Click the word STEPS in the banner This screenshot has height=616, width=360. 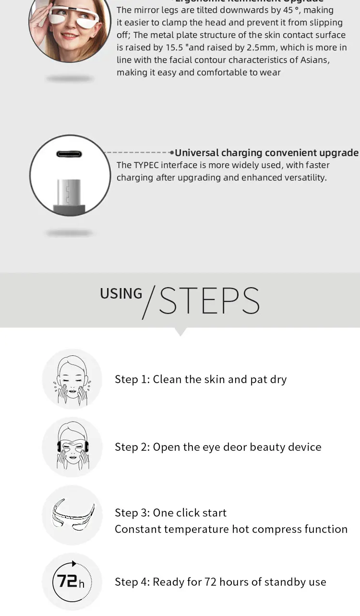point(209,301)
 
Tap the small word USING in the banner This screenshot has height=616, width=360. point(121,294)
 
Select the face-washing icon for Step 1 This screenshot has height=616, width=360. point(72,379)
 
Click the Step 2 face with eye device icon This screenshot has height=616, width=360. point(72,447)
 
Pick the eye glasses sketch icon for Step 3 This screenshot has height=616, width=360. point(72,515)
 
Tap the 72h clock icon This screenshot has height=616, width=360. point(72,582)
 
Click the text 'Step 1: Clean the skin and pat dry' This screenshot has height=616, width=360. point(201,379)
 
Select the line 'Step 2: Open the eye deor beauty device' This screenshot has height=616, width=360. point(218,447)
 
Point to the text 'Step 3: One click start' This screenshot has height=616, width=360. point(170,513)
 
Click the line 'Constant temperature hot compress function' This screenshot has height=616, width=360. point(231,529)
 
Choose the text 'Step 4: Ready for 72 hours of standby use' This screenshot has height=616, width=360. point(220,582)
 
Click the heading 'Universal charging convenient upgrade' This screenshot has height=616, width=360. point(266,153)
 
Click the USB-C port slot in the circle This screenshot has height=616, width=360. point(69,154)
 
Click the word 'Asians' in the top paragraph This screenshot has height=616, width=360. point(314,60)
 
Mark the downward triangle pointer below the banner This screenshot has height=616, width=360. point(180,332)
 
